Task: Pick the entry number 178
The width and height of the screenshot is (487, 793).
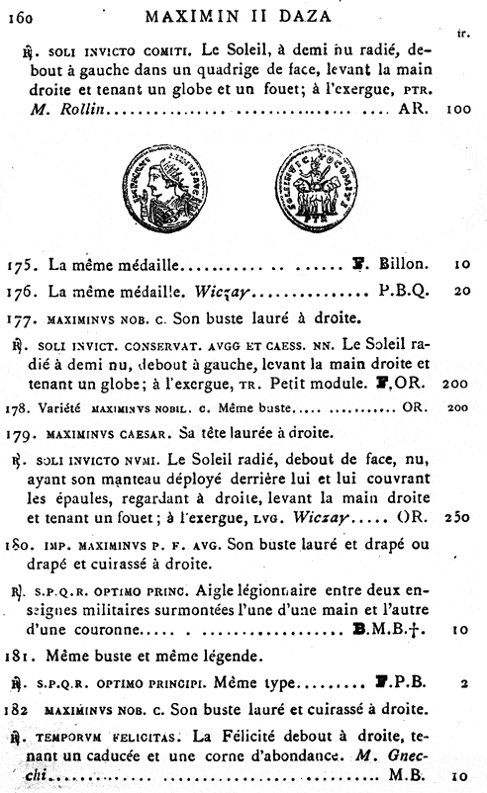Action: [x=19, y=406]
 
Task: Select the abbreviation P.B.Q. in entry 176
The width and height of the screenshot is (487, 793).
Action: [x=404, y=292]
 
